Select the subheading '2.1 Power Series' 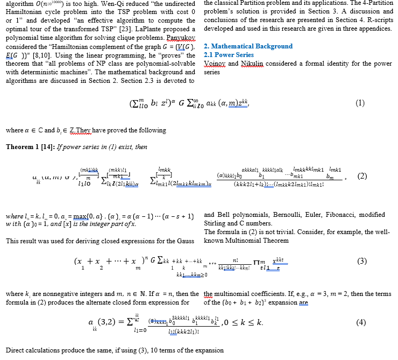pyautogui.click(x=229, y=55)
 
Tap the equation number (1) pyautogui.click(x=360, y=104)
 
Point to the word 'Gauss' pyautogui.click(x=184, y=240)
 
